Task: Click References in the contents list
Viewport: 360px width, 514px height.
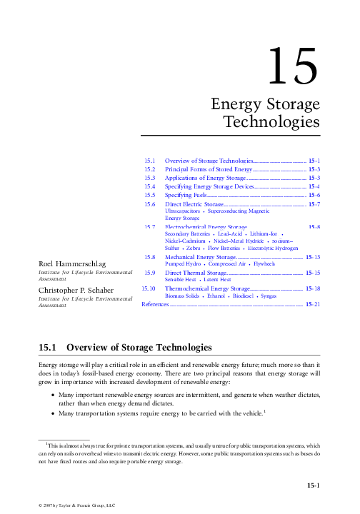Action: [156, 305]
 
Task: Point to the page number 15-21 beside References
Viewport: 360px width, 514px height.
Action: [312, 305]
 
